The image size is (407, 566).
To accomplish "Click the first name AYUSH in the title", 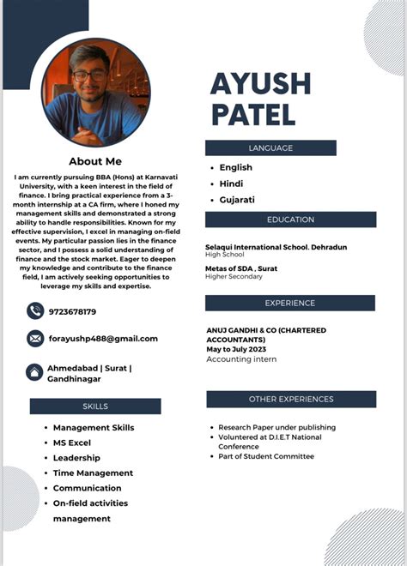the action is [x=260, y=84].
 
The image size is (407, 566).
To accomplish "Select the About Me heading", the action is [x=95, y=161].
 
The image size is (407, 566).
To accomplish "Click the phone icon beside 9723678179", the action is [x=35, y=311].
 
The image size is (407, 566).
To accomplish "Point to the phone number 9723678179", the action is [x=73, y=311].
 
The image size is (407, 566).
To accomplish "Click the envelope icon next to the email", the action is [x=35, y=339].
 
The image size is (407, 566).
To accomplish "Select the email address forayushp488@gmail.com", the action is [x=103, y=339].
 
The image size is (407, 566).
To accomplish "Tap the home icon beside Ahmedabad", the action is [x=35, y=373].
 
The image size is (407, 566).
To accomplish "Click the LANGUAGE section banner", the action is [x=270, y=148].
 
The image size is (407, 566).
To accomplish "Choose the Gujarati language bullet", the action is [x=236, y=200].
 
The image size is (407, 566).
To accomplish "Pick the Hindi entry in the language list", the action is [x=232, y=184].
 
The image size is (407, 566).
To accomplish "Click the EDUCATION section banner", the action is [x=290, y=220].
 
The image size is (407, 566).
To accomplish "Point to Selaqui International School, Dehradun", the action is [x=276, y=247].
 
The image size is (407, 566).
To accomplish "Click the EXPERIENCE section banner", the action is [x=289, y=303].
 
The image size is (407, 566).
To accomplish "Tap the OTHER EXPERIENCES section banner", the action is [x=291, y=400].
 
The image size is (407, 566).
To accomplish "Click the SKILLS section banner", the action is [x=95, y=406].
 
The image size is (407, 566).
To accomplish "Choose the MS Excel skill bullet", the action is [x=72, y=443].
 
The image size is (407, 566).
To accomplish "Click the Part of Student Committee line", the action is [x=266, y=456].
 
